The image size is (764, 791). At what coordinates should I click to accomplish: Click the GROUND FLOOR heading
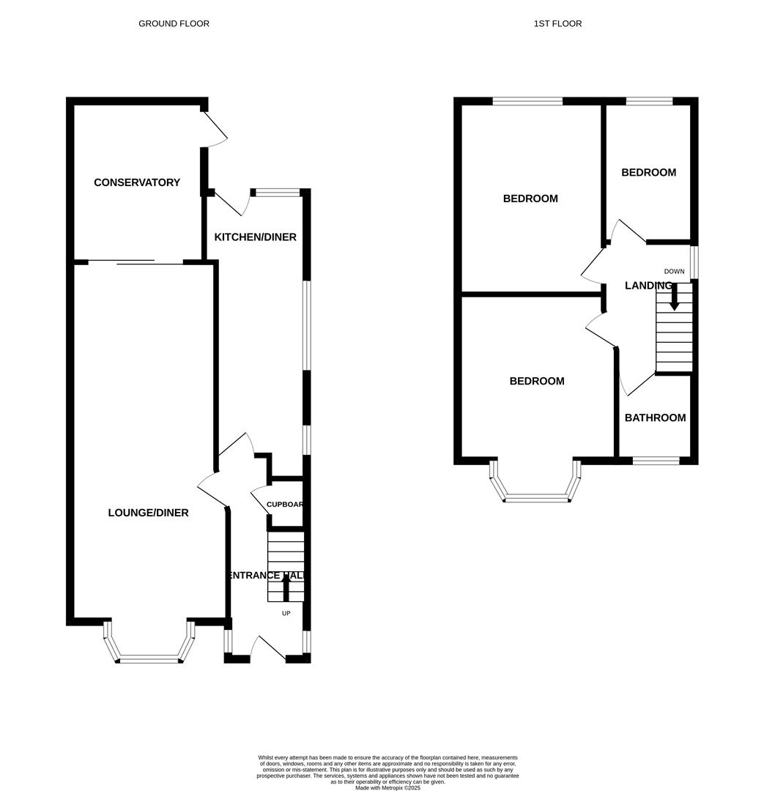174,23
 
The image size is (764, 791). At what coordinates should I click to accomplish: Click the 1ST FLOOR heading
557,23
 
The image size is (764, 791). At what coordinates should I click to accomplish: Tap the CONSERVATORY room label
137,182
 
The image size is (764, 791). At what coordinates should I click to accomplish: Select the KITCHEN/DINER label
255,237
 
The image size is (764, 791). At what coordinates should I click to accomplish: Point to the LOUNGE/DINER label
148,513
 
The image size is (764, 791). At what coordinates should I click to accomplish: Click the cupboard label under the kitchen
284,505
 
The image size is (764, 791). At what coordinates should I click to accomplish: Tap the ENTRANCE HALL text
265,576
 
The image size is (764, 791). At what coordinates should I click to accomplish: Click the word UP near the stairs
286,613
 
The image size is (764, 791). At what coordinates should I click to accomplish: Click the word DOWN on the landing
674,271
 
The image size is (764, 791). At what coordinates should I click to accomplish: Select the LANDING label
648,286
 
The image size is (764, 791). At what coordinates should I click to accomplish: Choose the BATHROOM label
655,417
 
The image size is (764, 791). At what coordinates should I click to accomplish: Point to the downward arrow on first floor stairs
675,297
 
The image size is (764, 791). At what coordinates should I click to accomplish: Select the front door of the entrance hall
268,647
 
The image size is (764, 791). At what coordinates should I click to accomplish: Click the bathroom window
656,461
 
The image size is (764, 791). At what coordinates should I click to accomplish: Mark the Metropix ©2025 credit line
387,788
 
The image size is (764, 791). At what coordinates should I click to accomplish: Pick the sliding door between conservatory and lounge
136,261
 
